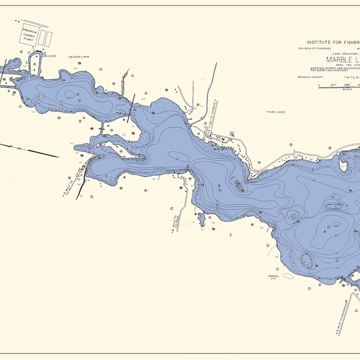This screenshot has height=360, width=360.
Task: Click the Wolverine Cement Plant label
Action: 30,36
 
